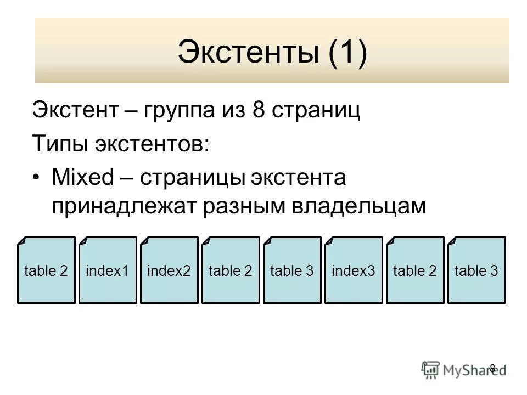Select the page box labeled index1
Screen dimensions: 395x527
pos(108,270)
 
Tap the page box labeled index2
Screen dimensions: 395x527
pos(169,270)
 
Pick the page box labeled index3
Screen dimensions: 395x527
pos(354,270)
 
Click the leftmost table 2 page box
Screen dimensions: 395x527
pos(46,270)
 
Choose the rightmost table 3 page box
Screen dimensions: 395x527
pos(476,270)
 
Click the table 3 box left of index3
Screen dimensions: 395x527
pos(292,270)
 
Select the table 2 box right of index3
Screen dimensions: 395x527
pos(415,270)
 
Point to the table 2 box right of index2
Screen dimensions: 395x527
pos(231,270)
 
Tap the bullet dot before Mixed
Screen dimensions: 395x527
pos(36,178)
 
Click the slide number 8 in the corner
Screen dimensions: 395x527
pos(492,368)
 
